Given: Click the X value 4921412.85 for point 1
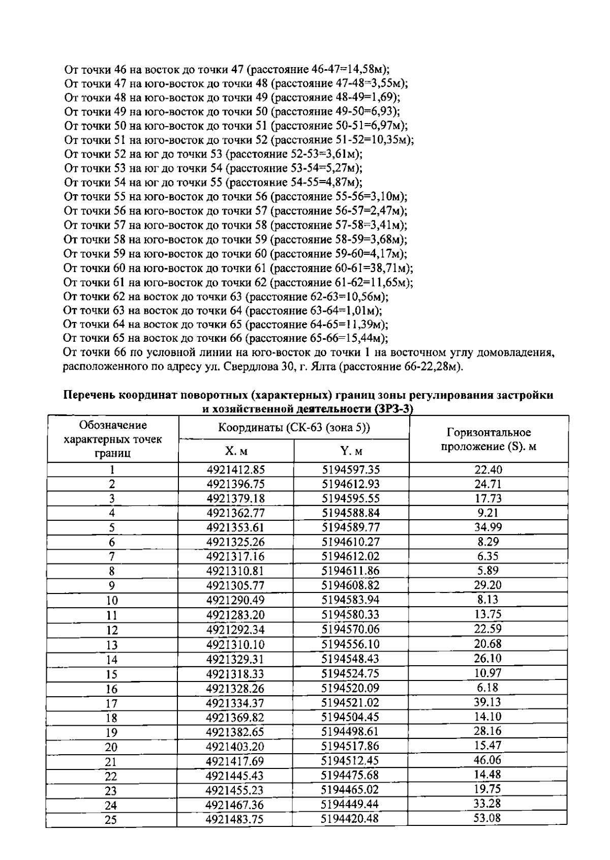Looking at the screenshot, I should coord(235,470).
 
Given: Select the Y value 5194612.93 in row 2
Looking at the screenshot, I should coord(351,484).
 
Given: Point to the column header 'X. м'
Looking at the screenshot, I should coord(236,451).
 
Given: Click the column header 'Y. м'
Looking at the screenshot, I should coord(351,451).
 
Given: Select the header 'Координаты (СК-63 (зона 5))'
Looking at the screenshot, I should coord(294,428).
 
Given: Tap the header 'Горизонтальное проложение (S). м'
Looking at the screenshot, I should coord(489,439).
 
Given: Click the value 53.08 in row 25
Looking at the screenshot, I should coord(487,818).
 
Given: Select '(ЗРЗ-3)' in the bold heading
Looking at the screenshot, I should coord(392,409).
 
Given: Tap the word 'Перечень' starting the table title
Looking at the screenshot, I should coord(88,395).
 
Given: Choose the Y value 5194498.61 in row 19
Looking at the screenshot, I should coord(351,731).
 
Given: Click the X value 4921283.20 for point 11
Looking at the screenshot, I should coord(235,615).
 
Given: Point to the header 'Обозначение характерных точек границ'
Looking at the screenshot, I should coord(113,439).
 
